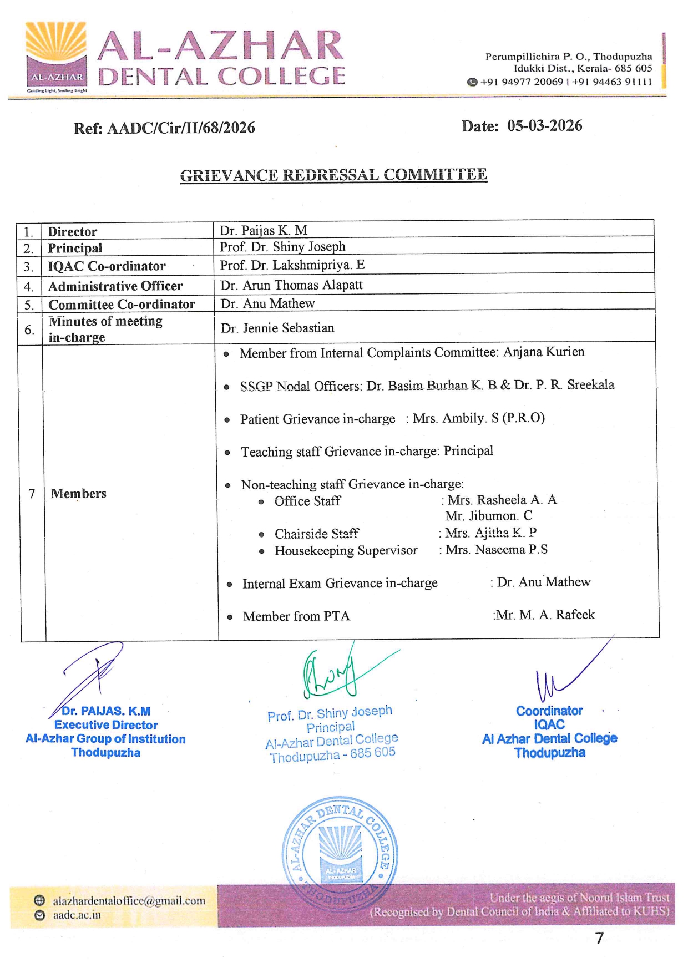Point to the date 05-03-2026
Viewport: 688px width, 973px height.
click(544, 126)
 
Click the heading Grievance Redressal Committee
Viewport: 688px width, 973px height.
click(333, 175)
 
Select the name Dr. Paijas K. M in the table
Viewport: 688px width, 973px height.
click(263, 230)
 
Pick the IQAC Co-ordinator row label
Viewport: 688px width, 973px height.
click(107, 266)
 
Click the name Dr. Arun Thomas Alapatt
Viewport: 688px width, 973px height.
click(291, 285)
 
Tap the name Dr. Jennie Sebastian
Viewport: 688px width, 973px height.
click(277, 328)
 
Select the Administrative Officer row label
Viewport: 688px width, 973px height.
click(115, 286)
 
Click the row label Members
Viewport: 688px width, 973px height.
click(78, 494)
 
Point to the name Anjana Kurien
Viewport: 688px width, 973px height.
click(544, 352)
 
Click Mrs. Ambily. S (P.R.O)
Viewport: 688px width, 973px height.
click(478, 418)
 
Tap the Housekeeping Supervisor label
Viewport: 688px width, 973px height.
click(346, 550)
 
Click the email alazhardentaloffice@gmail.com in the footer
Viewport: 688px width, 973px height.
click(129, 901)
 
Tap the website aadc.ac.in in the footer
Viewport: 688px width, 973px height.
click(77, 915)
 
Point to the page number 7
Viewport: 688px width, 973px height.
click(599, 938)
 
